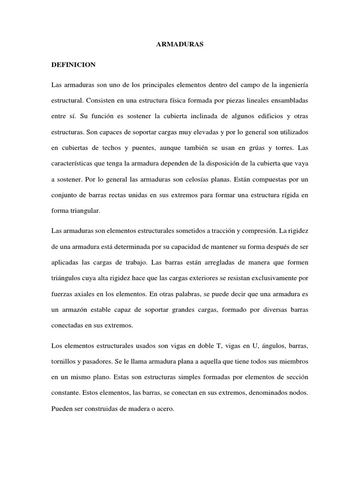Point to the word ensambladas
click(x=287, y=101)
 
